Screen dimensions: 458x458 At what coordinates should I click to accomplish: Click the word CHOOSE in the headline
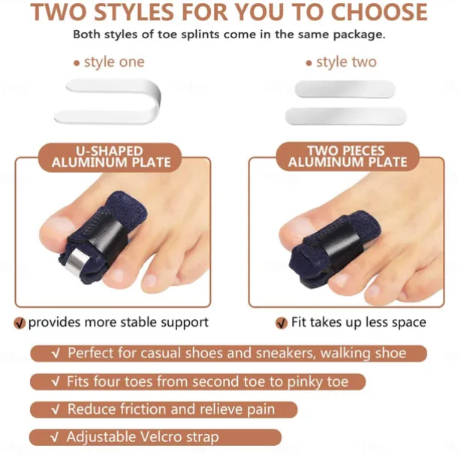[379, 12]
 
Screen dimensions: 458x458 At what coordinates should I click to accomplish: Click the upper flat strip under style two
[345, 89]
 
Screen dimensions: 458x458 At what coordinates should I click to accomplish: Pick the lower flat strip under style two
[346, 116]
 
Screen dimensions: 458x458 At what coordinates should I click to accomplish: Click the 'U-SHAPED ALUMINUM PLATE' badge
[110, 157]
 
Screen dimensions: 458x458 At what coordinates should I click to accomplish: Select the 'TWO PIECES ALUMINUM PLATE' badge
[348, 156]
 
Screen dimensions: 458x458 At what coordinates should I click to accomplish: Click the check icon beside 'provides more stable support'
[20, 323]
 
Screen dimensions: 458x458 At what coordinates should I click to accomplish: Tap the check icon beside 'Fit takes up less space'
[282, 323]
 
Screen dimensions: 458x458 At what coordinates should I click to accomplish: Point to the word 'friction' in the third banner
[142, 409]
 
